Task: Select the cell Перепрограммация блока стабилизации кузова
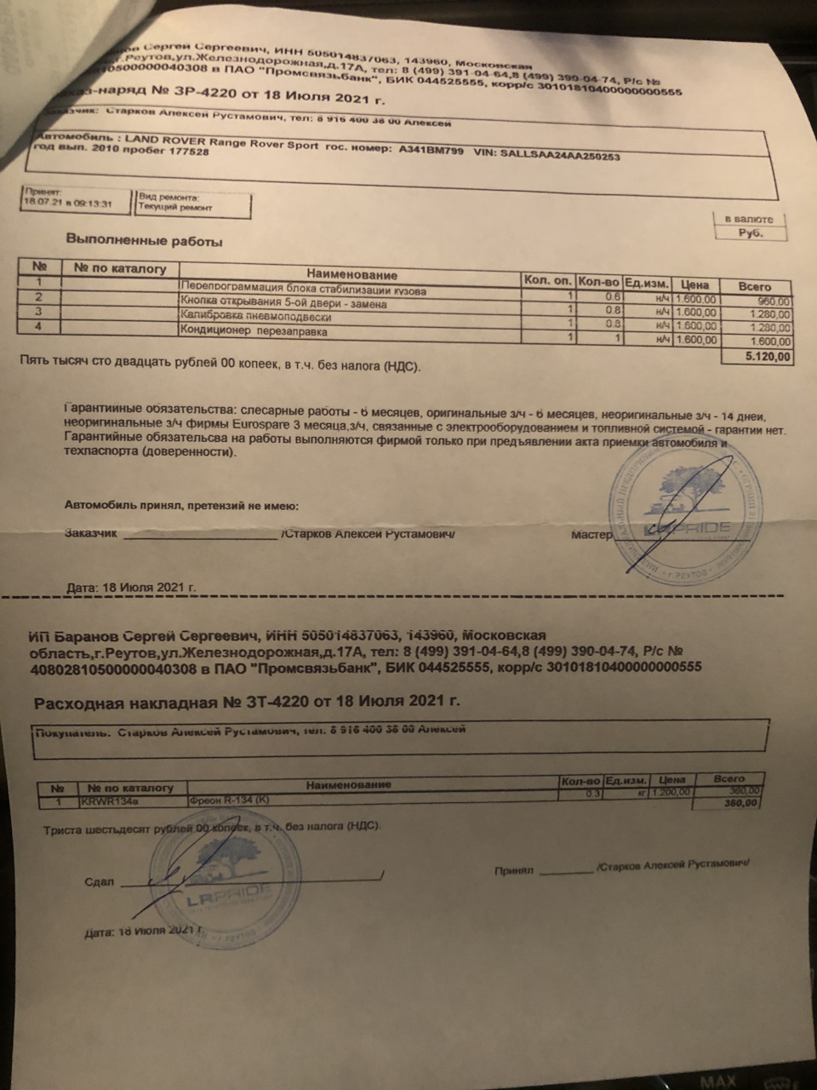click(x=303, y=290)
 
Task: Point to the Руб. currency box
click(x=750, y=232)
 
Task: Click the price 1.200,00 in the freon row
click(x=673, y=792)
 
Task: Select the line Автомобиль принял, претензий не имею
click(x=182, y=505)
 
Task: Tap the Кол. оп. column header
click(x=546, y=280)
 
